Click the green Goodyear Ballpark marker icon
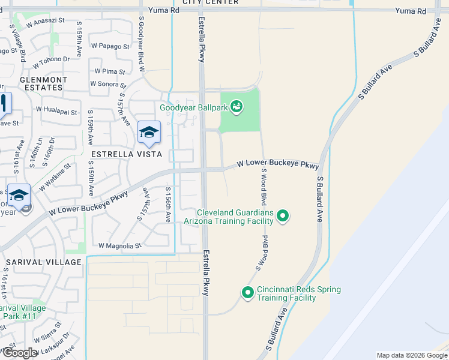(237, 107)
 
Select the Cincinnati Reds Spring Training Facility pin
(247, 293)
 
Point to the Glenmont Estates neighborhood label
(41, 83)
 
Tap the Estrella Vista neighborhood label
(125, 154)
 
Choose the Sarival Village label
(44, 262)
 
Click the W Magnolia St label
(119, 245)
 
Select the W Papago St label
(110, 46)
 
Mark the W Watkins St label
(55, 178)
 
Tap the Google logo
(20, 353)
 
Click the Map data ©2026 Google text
(411, 355)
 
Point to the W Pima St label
(113, 71)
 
